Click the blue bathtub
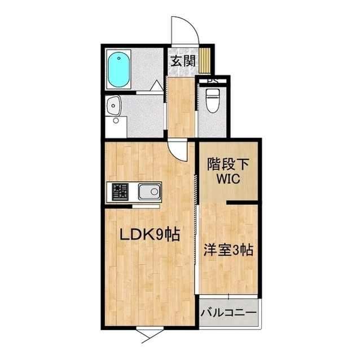coord(118,69)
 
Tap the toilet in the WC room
coord(212,100)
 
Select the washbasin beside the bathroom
coord(113,105)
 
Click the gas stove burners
coord(120,192)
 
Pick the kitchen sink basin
coord(149,191)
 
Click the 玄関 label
coord(183,61)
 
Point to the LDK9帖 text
coord(150,234)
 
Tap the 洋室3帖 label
coord(228,250)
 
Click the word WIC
coord(228,179)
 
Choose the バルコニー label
coord(228,313)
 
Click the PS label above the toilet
coord(213,81)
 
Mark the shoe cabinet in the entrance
coord(205,61)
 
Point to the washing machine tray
coord(116,127)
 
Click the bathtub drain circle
coord(119,58)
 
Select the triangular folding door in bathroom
coord(157,85)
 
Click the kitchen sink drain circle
coord(154,191)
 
